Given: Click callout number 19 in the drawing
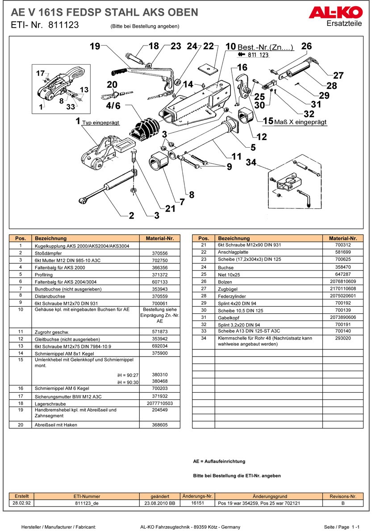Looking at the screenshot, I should pyautogui.click(x=94, y=46).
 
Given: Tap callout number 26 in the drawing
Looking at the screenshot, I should pyautogui.click(x=306, y=46).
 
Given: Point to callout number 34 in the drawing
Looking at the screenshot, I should pyautogui.click(x=251, y=162).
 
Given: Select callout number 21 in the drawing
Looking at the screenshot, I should pyautogui.click(x=170, y=208).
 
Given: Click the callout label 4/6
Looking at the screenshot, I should pyautogui.click(x=113, y=106).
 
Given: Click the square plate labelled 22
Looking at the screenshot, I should pyautogui.click(x=208, y=68).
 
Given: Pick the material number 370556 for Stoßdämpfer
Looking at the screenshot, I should pyautogui.click(x=160, y=253).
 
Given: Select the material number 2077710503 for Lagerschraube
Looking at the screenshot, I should pyautogui.click(x=160, y=403).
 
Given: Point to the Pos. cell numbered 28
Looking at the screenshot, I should pyautogui.click(x=204, y=296).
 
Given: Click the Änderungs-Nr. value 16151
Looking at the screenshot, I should pyautogui.click(x=197, y=503).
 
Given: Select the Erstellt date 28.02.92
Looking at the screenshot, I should pyautogui.click(x=22, y=503).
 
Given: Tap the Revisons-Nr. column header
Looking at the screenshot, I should pyautogui.click(x=343, y=496).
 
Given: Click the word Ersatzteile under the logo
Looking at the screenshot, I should pyautogui.click(x=344, y=24).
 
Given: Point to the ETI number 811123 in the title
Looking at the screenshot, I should pyautogui.click(x=63, y=25).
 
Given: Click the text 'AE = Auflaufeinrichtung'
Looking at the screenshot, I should pyautogui.click(x=219, y=461).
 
